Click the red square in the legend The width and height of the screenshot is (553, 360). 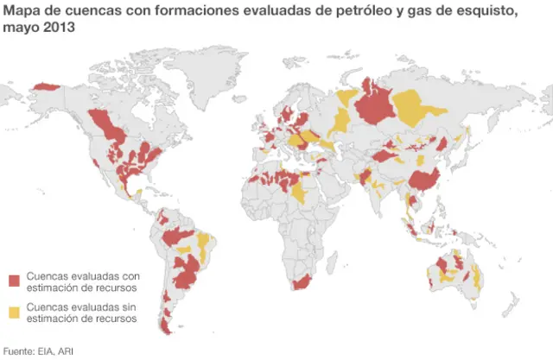(x=15, y=281)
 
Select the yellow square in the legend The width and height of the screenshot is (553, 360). (x=15, y=312)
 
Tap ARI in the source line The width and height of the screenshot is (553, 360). (x=65, y=351)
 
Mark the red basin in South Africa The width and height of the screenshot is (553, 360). (x=302, y=283)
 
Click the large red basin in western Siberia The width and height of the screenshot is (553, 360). (x=376, y=107)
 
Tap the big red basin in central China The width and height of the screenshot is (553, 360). (x=423, y=180)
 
